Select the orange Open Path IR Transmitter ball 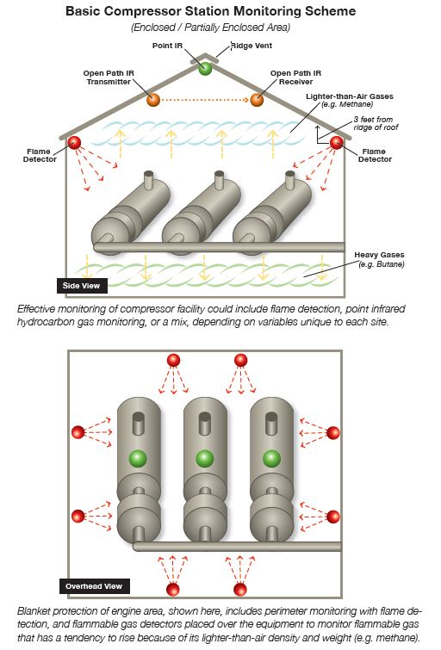tap(153, 100)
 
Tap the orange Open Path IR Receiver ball tap(257, 100)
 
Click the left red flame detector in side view tap(74, 142)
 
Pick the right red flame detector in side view tap(336, 142)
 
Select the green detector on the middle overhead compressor tap(204, 457)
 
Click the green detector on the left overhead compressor tap(137, 457)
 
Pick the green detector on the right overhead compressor tap(271, 457)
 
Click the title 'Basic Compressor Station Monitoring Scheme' tap(213, 12)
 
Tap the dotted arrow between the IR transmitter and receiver tap(205, 101)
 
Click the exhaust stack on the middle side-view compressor tap(219, 183)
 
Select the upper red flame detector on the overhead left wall tap(78, 431)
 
